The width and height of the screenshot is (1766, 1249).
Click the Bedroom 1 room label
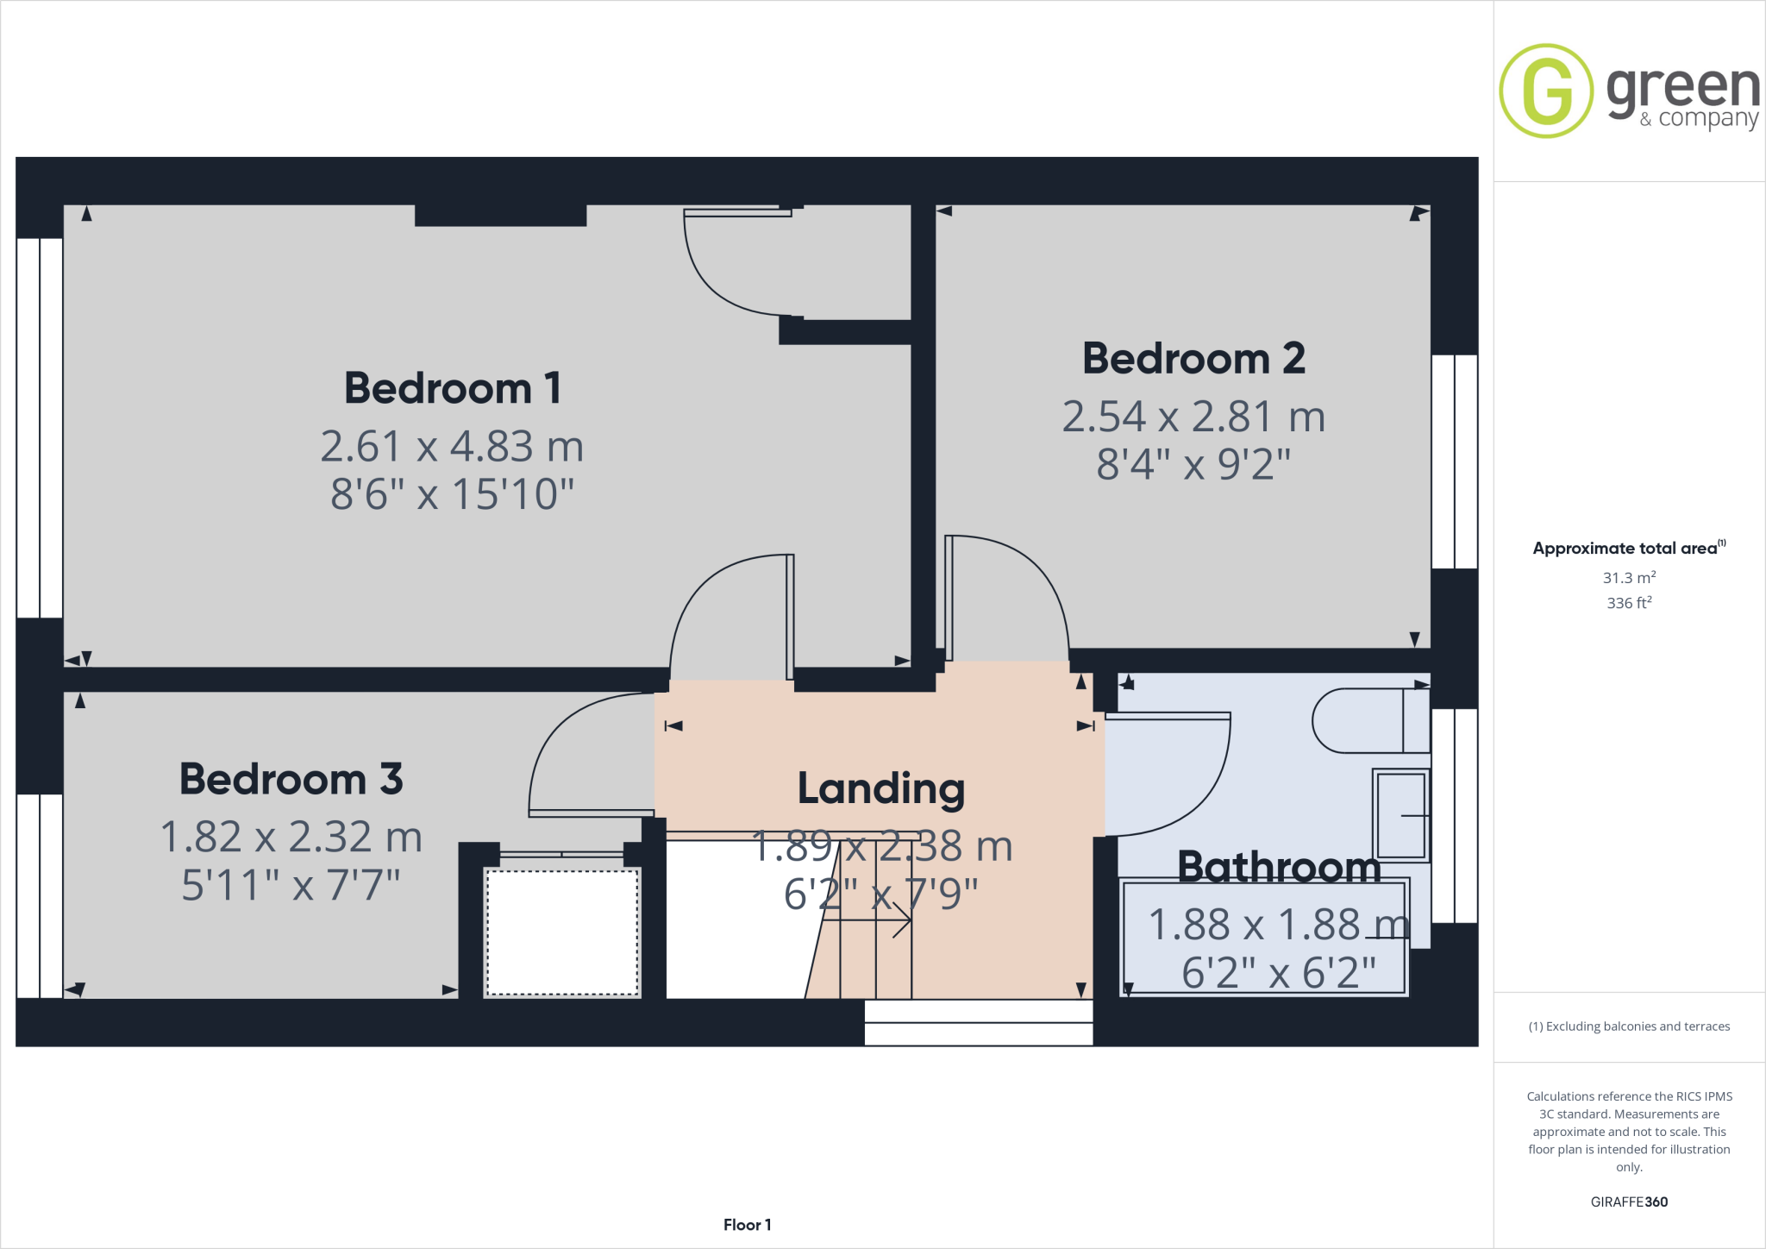[452, 388]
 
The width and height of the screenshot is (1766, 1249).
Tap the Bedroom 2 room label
[1193, 359]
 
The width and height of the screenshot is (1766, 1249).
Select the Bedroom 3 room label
[291, 780]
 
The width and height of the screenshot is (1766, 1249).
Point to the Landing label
[880, 788]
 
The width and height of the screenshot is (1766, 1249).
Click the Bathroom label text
[1279, 866]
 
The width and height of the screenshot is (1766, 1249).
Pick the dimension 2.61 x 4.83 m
[452, 447]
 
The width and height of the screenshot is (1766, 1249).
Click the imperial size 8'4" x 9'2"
[1193, 465]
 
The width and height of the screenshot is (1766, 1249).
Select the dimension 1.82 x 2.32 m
[291, 838]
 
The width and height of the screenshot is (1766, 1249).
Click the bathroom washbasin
[1400, 815]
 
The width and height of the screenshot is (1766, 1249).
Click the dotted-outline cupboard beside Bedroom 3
[562, 932]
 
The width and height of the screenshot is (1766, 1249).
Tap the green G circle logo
[1546, 91]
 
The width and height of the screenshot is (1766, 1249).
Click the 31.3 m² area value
[1629, 578]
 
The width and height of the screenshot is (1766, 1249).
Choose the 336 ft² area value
[1629, 603]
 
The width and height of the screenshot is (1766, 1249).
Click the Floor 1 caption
[747, 1225]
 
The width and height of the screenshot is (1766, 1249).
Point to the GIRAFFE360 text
[1629, 1202]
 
